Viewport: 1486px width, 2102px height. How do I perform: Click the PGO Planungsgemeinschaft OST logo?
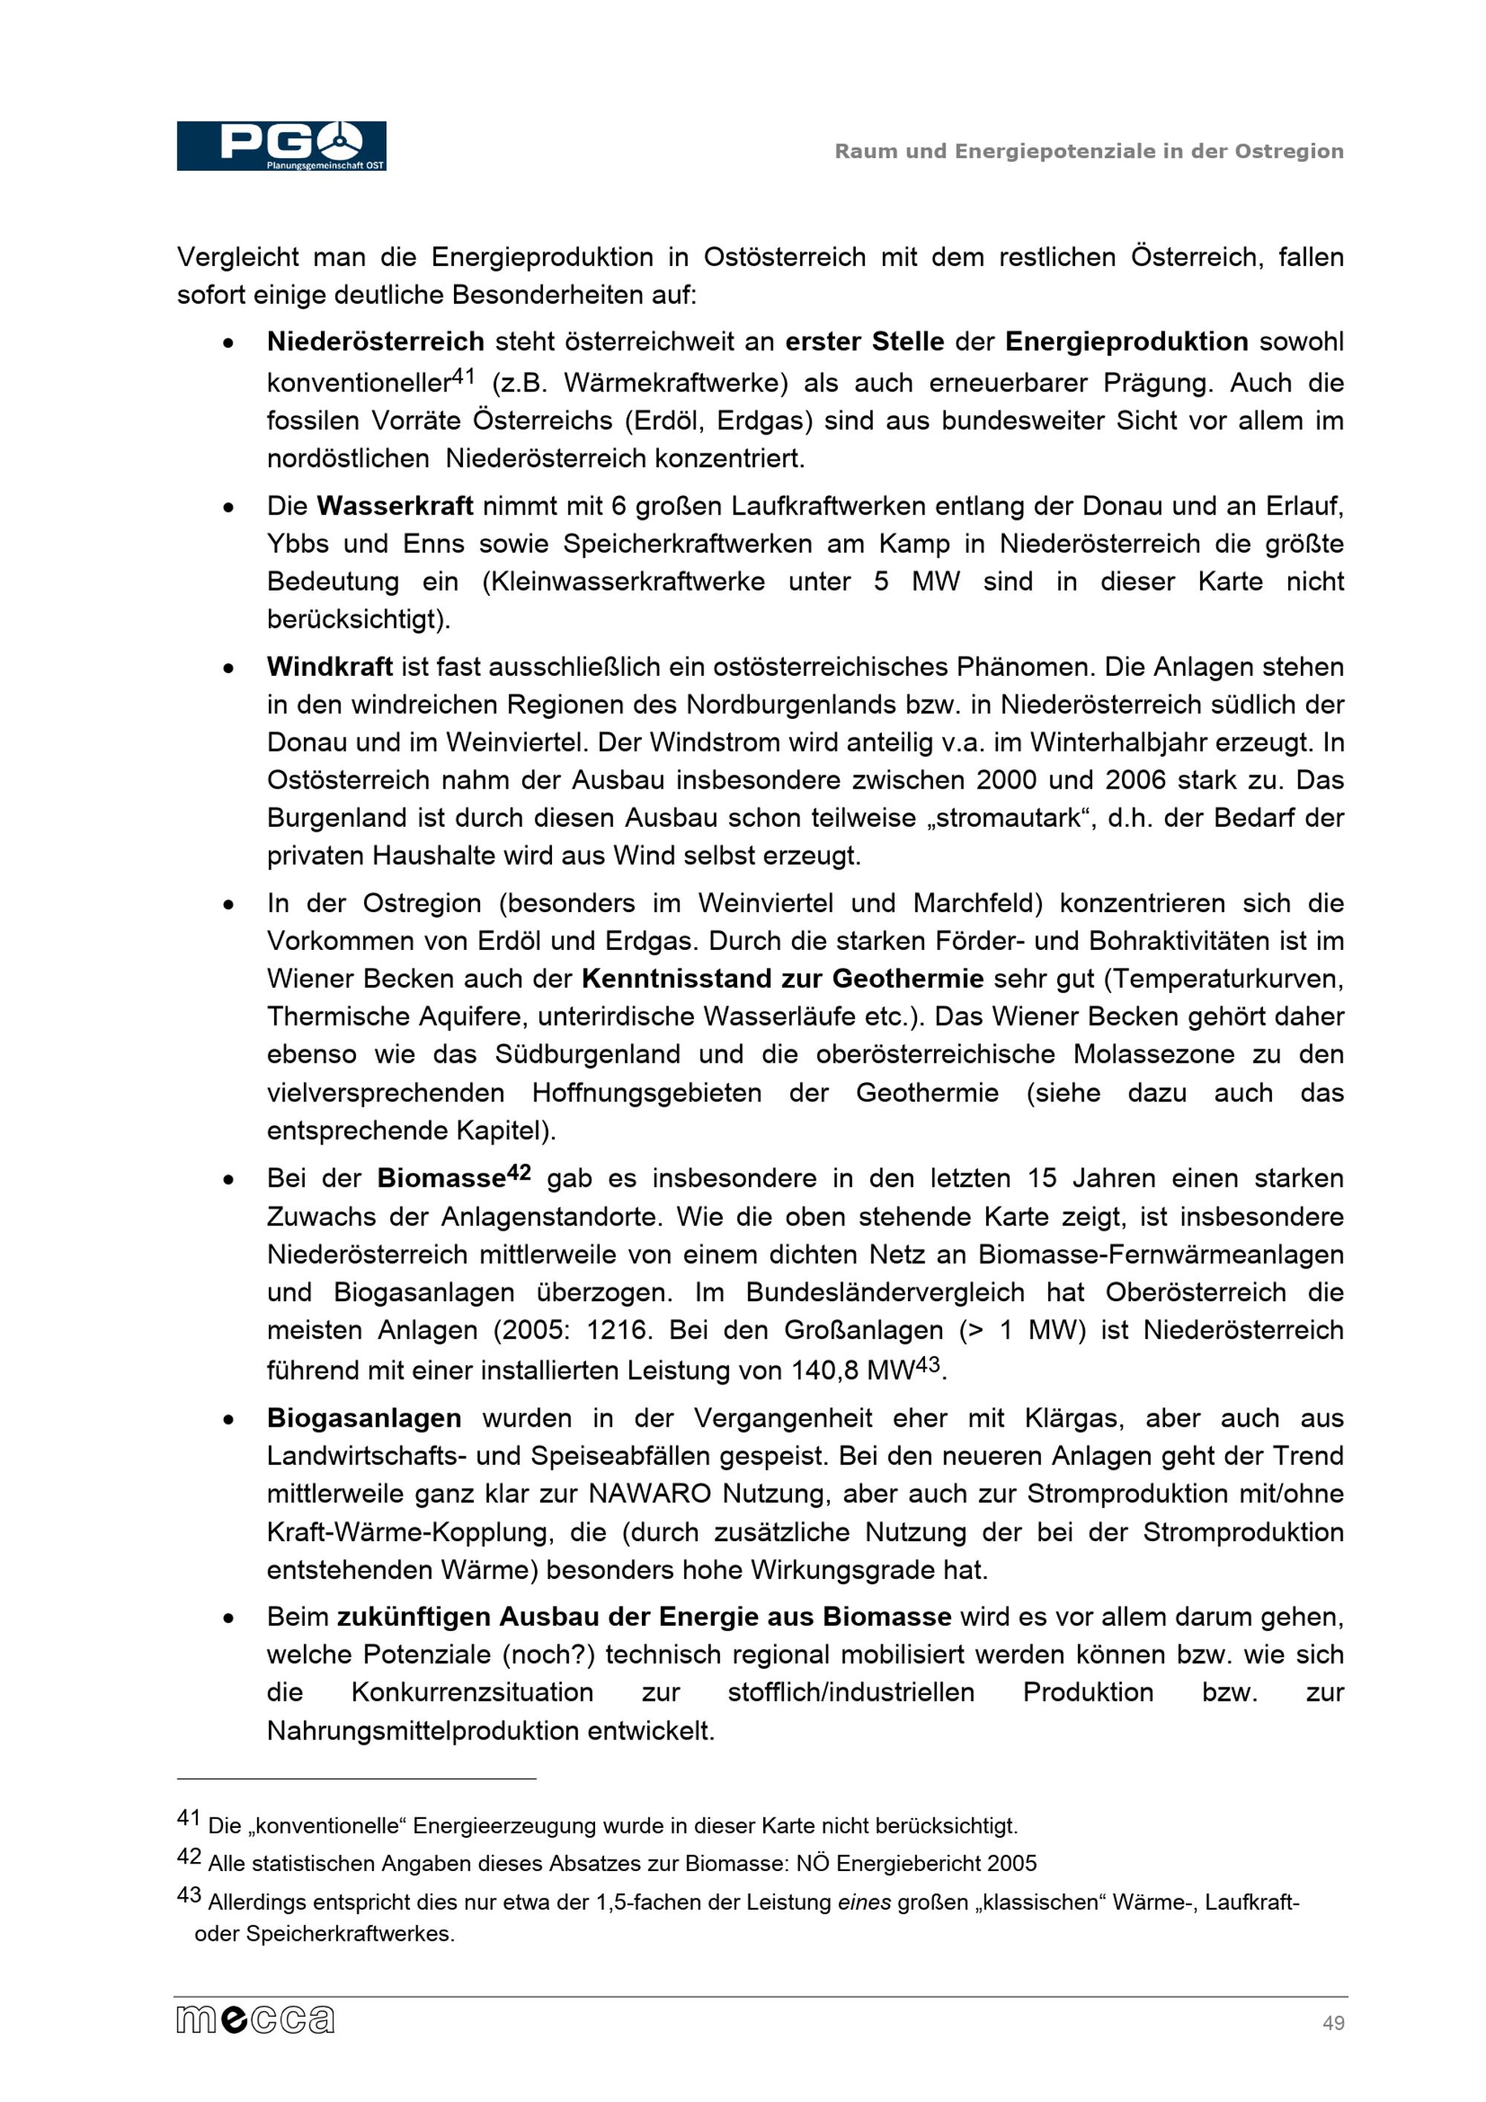click(281, 146)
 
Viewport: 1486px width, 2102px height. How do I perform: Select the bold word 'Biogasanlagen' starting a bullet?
click(364, 1418)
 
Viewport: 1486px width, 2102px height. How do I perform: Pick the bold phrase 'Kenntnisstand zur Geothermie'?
click(782, 979)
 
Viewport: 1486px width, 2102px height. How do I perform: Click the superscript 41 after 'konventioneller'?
click(464, 375)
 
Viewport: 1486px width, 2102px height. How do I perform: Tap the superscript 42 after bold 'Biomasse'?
click(518, 1172)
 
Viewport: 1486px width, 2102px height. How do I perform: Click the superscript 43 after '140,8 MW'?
click(927, 1364)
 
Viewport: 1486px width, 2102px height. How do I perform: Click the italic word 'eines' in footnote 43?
click(863, 1901)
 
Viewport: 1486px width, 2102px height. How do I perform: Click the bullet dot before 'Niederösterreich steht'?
click(228, 343)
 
